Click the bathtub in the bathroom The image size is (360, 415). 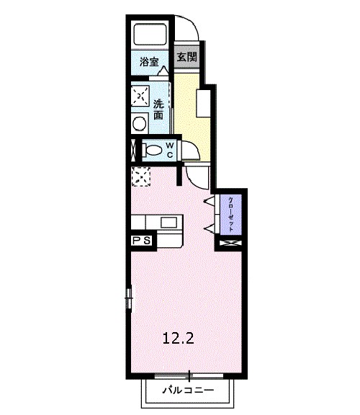pos(150,35)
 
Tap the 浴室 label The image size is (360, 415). pos(149,63)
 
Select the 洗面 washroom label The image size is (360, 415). pos(158,109)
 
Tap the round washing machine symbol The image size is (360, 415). pos(140,123)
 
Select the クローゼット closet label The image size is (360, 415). pos(232,213)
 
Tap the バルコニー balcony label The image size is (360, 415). pos(188,391)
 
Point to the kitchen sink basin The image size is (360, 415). pos(169,221)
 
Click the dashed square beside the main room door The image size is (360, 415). pos(140,175)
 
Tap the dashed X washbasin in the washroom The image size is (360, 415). pos(140,95)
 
